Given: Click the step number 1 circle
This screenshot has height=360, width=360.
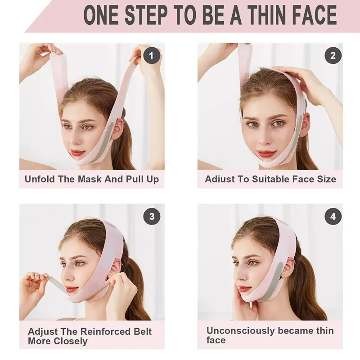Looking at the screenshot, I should tap(152, 56).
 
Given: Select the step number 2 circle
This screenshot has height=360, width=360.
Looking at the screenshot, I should tap(333, 56).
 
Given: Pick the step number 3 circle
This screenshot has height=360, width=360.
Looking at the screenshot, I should tap(152, 216).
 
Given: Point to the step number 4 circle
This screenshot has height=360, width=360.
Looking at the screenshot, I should tap(333, 216).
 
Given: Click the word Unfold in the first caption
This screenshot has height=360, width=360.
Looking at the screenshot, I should tap(40, 179).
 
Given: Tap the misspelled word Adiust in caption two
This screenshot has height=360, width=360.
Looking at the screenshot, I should tap(220, 179).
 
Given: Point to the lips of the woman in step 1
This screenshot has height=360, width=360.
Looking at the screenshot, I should tap(77, 153).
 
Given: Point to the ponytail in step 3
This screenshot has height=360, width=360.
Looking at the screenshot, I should tap(135, 288).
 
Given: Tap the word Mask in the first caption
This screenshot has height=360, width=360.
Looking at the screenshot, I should tap(90, 179).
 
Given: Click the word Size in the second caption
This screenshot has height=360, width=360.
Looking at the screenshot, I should tap(325, 179).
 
